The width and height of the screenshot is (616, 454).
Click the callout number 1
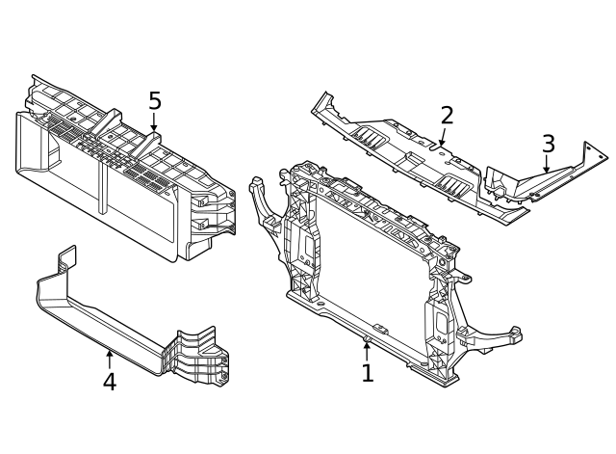pos(368,373)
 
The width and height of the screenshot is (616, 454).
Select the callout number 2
pos(447,116)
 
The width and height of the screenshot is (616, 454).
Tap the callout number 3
pos(548,144)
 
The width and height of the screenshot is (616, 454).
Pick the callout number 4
pos(110,382)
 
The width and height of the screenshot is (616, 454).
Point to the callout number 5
pos(155,100)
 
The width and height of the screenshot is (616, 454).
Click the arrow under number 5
pos(154,122)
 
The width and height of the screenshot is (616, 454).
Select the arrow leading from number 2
pos(443,136)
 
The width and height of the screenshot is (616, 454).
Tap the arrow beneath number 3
pos(546,164)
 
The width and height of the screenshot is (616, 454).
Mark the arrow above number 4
pos(110,360)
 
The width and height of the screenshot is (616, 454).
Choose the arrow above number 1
pos(367,351)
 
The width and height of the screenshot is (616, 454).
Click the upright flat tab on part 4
pos(67,256)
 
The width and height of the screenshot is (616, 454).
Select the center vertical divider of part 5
pos(103,189)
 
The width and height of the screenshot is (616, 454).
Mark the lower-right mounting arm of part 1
pos(491,337)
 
